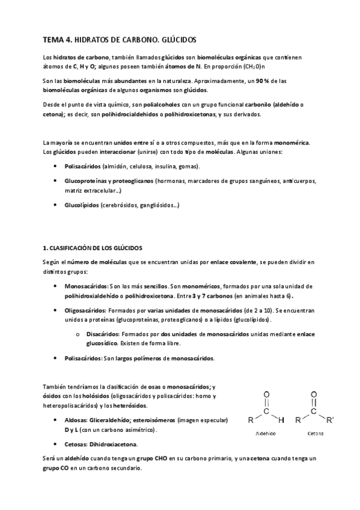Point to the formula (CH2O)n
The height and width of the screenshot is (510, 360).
(259, 67)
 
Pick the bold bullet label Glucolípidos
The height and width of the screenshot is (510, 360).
(82, 205)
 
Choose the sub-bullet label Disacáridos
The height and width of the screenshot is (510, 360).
(103, 333)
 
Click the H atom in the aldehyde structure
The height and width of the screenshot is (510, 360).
(280, 420)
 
